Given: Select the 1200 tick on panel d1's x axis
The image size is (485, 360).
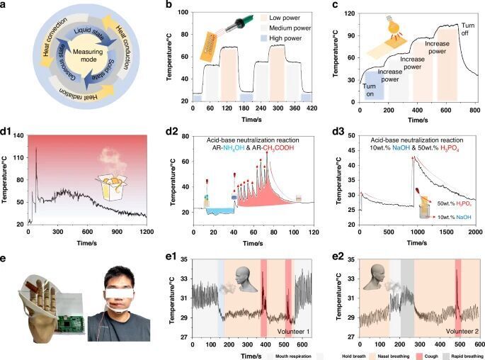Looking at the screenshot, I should coord(145,232).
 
